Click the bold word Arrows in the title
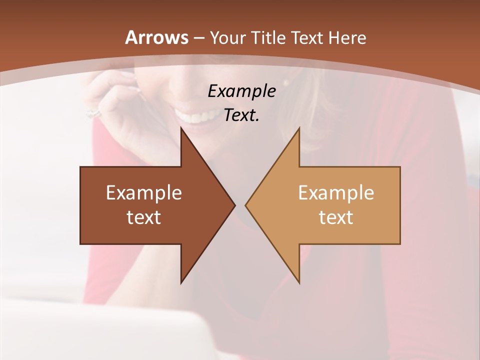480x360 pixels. pos(157,37)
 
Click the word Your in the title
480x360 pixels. pos(226,37)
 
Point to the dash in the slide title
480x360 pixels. pos(198,38)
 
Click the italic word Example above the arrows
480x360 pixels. pos(241,91)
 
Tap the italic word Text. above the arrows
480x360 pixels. pos(241,115)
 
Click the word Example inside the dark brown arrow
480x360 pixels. pos(143,192)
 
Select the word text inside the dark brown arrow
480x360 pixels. pos(143,217)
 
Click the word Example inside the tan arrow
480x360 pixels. pos(336,192)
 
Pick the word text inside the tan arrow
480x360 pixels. pos(336,217)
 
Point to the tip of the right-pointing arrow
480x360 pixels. pos(234,205)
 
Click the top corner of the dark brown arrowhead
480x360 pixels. pos(181,128)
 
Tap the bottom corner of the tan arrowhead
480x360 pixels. pos(299,282)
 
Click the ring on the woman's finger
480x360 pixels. pos(93,113)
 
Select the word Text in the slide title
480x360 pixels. pos(306,37)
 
